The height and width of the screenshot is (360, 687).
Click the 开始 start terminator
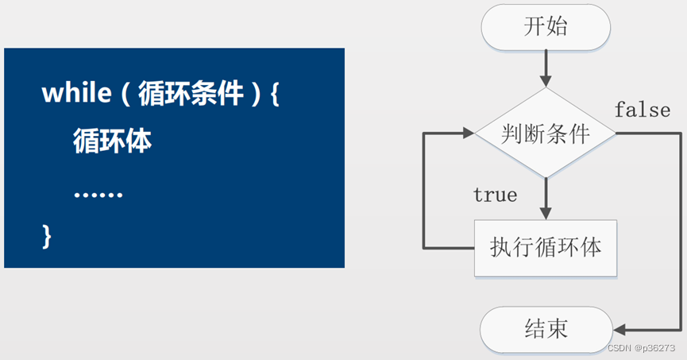(x=546, y=27)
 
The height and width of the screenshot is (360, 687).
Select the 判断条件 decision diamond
(x=546, y=134)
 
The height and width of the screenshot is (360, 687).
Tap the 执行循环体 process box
(x=546, y=247)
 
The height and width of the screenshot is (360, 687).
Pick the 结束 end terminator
(x=546, y=327)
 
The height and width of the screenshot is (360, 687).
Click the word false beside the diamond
(x=642, y=110)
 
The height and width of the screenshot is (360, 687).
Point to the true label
(x=495, y=195)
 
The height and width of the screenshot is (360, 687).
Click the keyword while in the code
(x=74, y=95)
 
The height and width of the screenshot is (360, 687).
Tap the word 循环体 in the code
(x=112, y=141)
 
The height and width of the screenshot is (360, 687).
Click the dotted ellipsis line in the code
(x=98, y=194)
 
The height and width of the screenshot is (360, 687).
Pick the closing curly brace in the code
(x=46, y=235)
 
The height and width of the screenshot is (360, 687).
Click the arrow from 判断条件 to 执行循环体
(x=546, y=199)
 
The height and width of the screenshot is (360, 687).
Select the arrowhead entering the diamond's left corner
(x=468, y=134)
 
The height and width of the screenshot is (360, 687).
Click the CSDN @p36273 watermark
(x=640, y=348)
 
